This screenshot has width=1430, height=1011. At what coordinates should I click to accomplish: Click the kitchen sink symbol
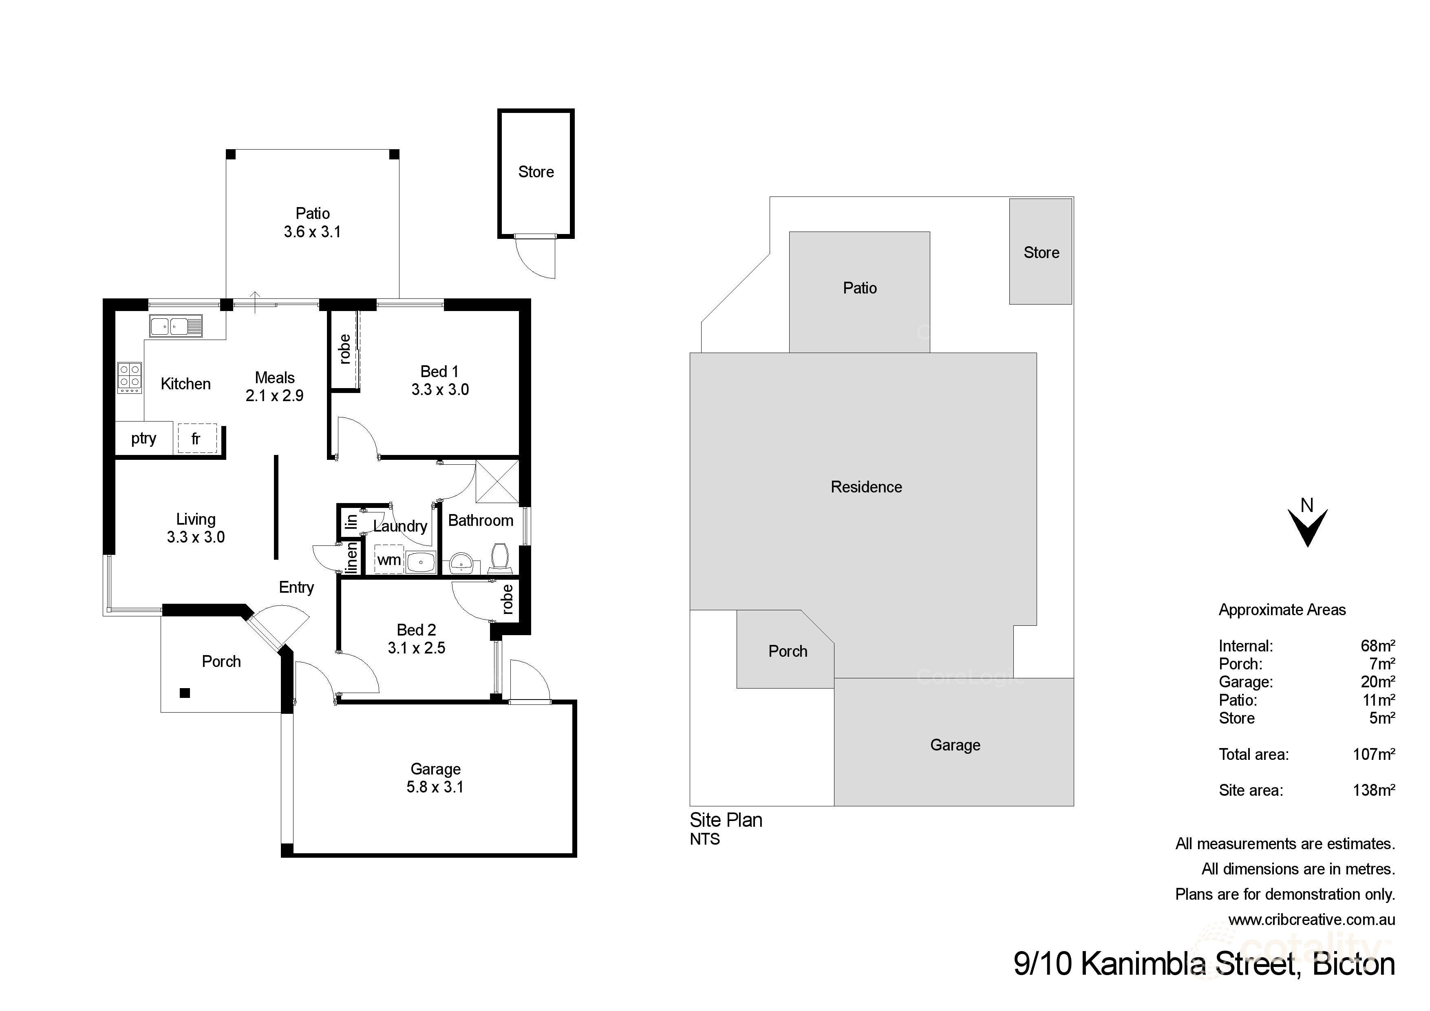(x=176, y=326)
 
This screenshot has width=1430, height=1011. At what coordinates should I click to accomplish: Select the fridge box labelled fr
(x=197, y=439)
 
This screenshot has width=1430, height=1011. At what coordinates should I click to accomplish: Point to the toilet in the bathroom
(x=499, y=558)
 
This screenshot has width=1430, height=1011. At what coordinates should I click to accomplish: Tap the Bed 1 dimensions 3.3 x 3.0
(x=440, y=390)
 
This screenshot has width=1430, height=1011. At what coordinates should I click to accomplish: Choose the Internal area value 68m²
(x=1378, y=646)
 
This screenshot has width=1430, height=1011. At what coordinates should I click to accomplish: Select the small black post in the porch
(x=184, y=693)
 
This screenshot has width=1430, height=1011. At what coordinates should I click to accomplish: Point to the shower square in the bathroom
(x=497, y=481)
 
